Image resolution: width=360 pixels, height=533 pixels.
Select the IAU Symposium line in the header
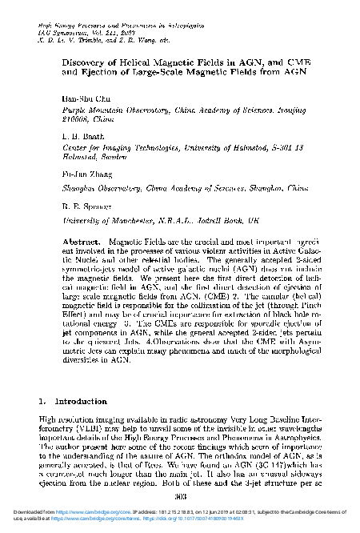pyautogui.click(x=73, y=32)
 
